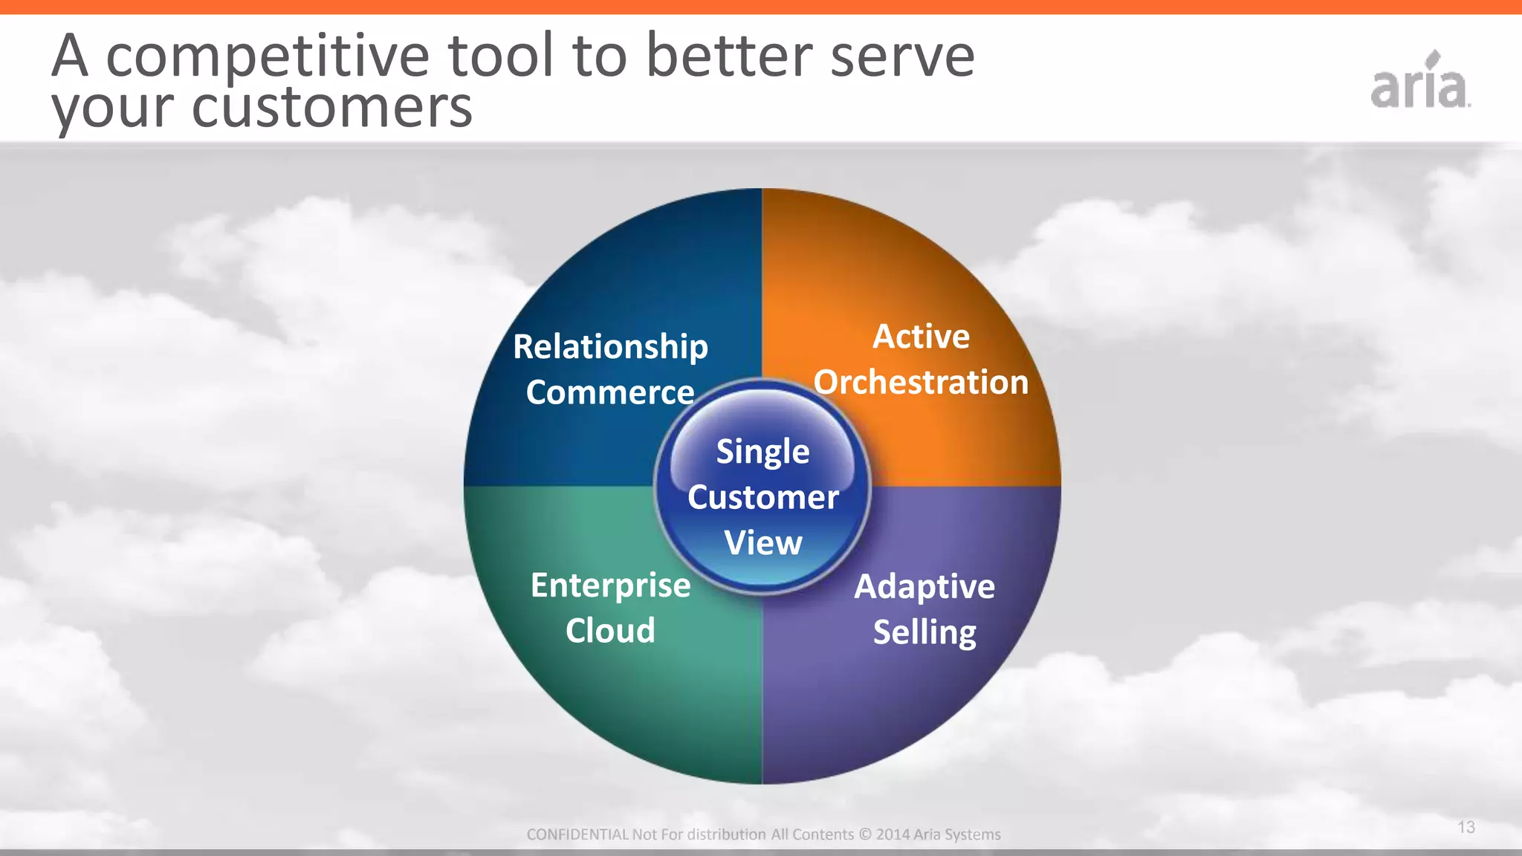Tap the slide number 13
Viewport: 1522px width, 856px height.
[x=1466, y=827]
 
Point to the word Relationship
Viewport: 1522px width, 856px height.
[x=610, y=347]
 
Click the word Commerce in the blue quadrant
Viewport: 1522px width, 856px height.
[x=609, y=392]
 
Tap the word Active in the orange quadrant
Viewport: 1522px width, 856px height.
[x=921, y=337]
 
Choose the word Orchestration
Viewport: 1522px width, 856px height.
[x=921, y=382]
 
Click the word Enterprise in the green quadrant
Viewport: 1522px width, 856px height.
[x=610, y=586]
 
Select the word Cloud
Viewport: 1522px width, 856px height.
[x=610, y=631]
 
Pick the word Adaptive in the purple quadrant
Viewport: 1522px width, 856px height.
[x=924, y=587]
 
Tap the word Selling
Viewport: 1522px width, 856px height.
[x=924, y=632]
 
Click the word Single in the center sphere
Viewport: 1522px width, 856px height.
[x=762, y=452]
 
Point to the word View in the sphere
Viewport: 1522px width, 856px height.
[x=762, y=542]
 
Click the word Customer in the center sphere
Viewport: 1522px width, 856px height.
[x=762, y=497]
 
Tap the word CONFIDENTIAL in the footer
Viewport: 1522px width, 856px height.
[x=577, y=834]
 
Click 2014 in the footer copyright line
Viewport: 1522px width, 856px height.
[x=893, y=834]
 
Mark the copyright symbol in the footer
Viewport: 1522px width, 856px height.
[x=864, y=834]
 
